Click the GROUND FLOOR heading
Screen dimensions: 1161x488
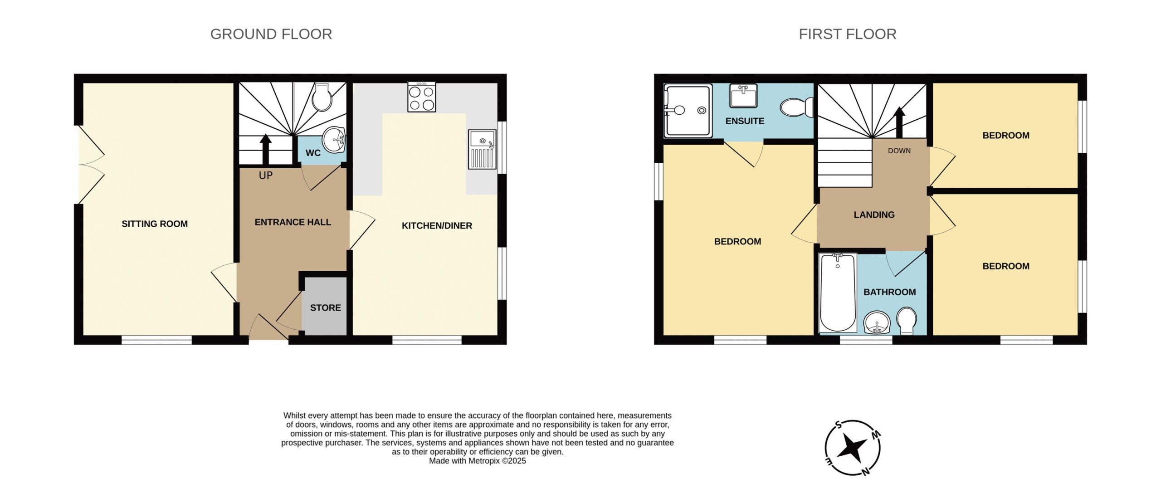pos(271,34)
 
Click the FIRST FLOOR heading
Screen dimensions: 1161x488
pos(848,34)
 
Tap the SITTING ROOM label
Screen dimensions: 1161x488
pos(155,224)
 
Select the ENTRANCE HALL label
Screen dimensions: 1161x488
pos(293,222)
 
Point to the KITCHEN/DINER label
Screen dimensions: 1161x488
pos(437,225)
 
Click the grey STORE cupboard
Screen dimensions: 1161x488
pos(325,306)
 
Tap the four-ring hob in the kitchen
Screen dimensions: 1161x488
pos(422,97)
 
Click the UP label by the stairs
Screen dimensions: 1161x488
pos(266,176)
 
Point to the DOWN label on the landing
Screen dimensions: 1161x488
pos(899,151)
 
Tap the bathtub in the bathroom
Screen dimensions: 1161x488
pos(838,293)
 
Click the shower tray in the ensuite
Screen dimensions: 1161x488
pos(688,110)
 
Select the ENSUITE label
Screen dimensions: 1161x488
pos(745,121)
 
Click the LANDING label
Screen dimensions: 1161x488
pos(874,215)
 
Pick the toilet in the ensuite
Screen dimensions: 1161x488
pos(796,107)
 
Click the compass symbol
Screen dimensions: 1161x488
pos(853,448)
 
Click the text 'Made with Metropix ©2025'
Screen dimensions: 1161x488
pos(477,461)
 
